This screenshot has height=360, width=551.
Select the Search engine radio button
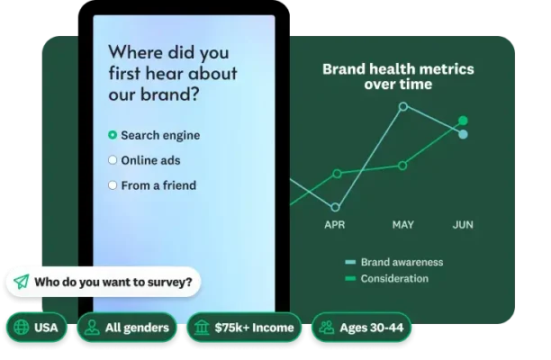113,135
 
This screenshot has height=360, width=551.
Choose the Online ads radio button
113,160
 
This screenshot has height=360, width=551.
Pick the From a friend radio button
113,185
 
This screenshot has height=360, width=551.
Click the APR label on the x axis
335,225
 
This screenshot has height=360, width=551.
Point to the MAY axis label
402,225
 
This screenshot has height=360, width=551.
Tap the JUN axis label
463,225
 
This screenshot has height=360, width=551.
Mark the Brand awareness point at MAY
402,106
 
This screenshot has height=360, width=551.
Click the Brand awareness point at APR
335,207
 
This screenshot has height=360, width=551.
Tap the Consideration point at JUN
463,120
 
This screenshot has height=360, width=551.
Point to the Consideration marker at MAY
402,166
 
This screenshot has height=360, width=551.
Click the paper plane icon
22,282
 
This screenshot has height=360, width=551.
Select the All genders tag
126,328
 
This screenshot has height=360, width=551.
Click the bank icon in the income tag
202,328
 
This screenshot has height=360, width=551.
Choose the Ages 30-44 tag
360,328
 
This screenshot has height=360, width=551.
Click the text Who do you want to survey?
113,282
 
